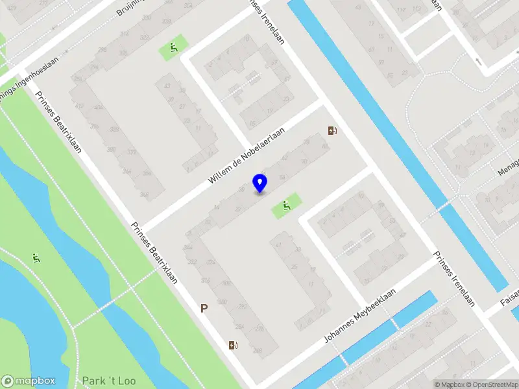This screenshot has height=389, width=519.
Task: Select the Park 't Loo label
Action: pyautogui.click(x=109, y=381)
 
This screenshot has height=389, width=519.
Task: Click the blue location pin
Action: pyautogui.click(x=260, y=183)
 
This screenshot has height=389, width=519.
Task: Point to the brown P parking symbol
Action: pyautogui.click(x=204, y=309)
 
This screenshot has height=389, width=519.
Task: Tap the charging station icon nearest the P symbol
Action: pyautogui.click(x=233, y=345)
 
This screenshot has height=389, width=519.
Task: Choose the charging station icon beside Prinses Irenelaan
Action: pyautogui.click(x=333, y=132)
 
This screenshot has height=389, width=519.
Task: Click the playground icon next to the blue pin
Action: pyautogui.click(x=286, y=207)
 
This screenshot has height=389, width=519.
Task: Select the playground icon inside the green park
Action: pyautogui.click(x=36, y=259)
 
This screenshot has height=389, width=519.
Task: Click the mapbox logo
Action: pyautogui.click(x=29, y=381)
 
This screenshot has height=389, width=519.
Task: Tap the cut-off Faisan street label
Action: pyautogui.click(x=509, y=298)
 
